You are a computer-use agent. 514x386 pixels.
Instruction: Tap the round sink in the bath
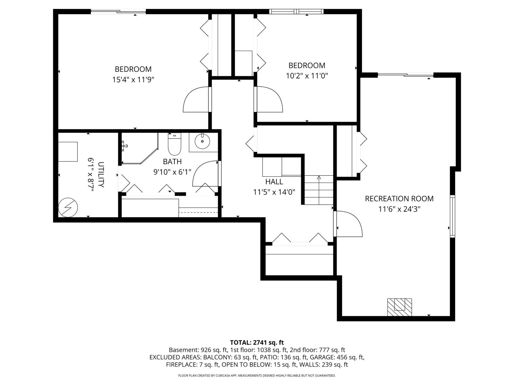pyautogui.click(x=202, y=141)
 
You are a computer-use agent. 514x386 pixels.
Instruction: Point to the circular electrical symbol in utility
pyautogui.click(x=68, y=207)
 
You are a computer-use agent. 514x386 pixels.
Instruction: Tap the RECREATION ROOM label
pyautogui.click(x=399, y=198)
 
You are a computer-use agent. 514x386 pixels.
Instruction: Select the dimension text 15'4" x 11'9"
pyautogui.click(x=133, y=79)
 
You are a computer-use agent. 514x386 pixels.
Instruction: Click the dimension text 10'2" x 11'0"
pyautogui.click(x=307, y=76)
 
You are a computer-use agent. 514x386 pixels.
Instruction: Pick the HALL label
pyautogui.click(x=274, y=182)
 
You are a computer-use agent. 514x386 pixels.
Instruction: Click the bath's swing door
pyautogui.click(x=206, y=174)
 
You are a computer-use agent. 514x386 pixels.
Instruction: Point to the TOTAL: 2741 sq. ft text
pyautogui.click(x=257, y=343)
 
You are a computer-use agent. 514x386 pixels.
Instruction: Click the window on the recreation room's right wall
pyautogui.click(x=452, y=216)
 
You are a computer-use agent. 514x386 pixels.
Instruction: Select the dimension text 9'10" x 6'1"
pyautogui.click(x=172, y=172)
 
